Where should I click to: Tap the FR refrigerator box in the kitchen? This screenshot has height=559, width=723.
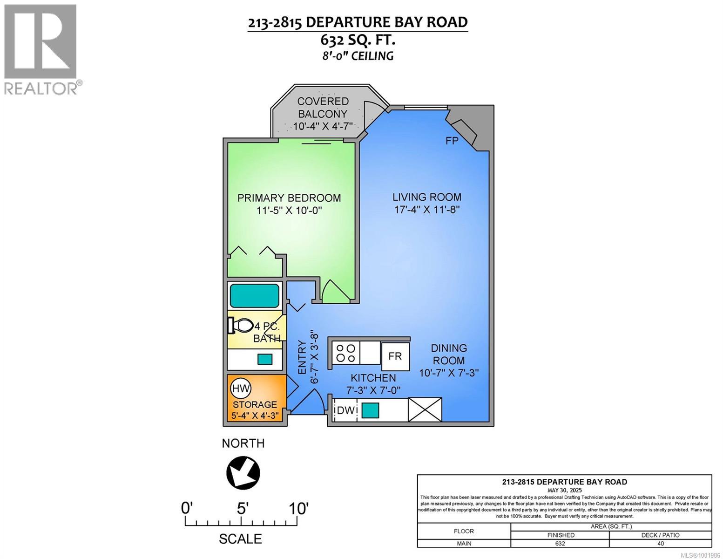click(x=395, y=356)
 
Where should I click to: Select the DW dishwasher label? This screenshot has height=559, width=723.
click(x=346, y=410)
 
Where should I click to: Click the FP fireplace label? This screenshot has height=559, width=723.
click(x=452, y=141)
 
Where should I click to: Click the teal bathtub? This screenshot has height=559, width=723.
click(x=255, y=295)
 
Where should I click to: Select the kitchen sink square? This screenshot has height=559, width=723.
click(x=370, y=410)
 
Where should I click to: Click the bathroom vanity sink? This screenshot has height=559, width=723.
click(x=265, y=359)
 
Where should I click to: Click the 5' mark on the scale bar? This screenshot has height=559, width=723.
click(x=241, y=508)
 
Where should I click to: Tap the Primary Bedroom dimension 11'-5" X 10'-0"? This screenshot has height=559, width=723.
click(x=289, y=211)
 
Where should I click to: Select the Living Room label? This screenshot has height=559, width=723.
click(x=426, y=197)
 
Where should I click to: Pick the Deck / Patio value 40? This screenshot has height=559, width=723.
click(x=660, y=544)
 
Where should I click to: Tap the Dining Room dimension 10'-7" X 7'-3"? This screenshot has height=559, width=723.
click(x=449, y=373)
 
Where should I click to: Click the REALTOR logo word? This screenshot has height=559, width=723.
click(x=41, y=88)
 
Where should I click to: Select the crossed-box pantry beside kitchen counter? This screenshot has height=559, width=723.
click(x=425, y=409)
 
